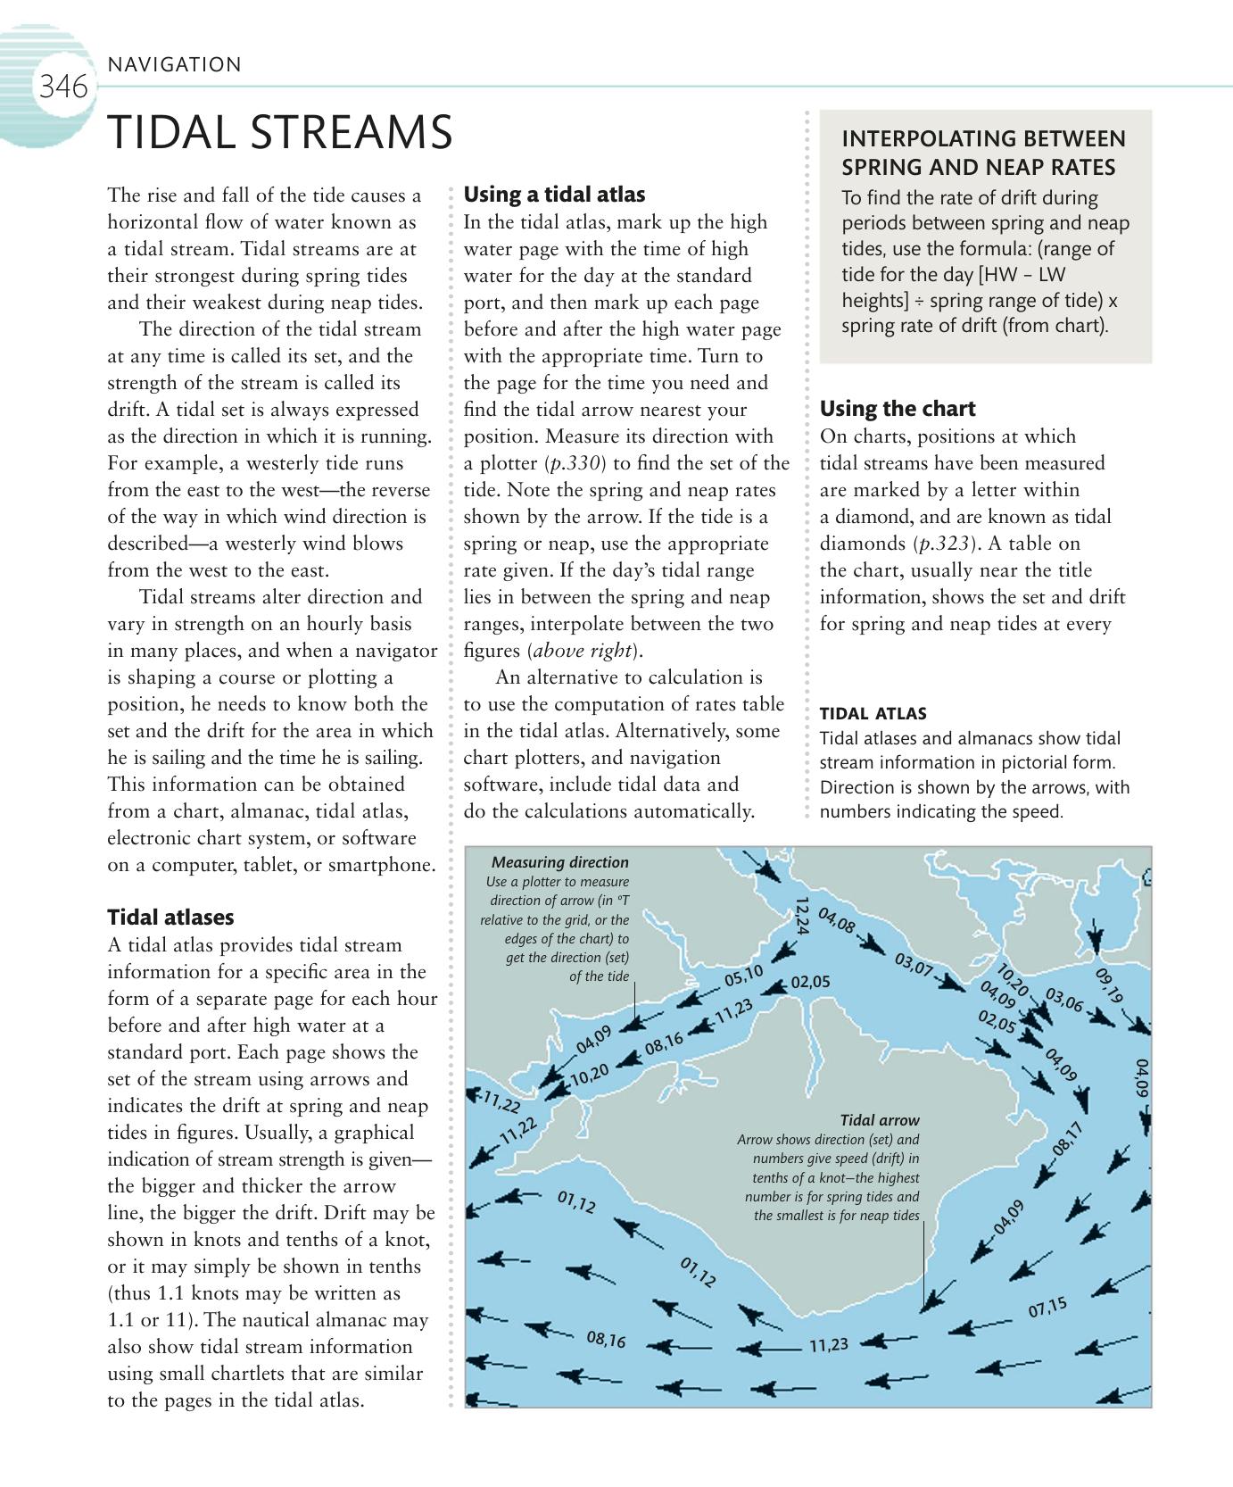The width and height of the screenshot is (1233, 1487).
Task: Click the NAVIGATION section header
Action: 173,64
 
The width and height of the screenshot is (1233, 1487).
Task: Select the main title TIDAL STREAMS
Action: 280,134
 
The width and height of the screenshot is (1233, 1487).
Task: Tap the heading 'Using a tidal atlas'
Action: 554,195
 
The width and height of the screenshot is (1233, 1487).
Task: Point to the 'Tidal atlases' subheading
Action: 170,917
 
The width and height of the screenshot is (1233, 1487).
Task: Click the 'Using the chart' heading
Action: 898,409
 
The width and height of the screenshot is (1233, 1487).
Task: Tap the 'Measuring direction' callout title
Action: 559,862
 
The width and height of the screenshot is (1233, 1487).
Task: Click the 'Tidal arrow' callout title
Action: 879,1119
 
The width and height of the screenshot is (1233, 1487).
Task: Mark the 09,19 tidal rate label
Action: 1109,985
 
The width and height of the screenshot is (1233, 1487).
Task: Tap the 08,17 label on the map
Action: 1067,1138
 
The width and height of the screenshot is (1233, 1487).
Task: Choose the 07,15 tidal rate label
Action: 1047,1308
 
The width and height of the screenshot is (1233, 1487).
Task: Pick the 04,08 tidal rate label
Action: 837,922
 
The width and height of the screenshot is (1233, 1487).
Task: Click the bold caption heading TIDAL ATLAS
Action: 873,713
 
